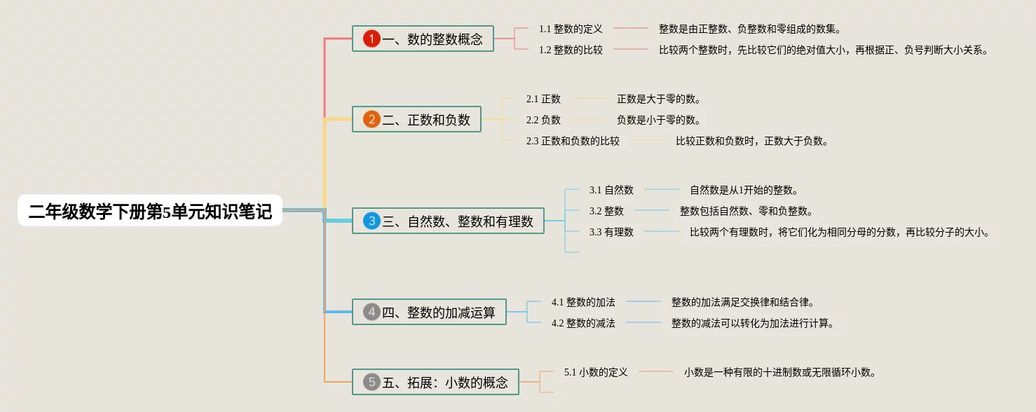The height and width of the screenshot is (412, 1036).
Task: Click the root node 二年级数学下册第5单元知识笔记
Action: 150,211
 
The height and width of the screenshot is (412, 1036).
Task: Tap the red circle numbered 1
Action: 372,39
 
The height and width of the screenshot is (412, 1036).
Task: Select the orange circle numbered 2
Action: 372,120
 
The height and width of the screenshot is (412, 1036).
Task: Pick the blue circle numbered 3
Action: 372,221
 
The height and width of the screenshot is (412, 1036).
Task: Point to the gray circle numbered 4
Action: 372,313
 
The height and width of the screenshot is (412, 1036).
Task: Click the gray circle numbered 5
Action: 372,382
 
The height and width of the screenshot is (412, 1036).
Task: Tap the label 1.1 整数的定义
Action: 571,29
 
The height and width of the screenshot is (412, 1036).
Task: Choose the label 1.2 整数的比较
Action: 571,50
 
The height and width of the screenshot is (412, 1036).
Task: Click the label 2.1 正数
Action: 543,99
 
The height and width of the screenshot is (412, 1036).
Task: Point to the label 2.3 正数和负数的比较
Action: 573,141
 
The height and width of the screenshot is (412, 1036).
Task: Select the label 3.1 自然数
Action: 611,190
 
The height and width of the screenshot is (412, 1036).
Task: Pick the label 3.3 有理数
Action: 611,232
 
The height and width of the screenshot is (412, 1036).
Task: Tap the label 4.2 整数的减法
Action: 583,323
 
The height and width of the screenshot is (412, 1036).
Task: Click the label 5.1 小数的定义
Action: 596,372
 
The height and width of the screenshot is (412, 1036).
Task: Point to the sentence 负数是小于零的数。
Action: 659,120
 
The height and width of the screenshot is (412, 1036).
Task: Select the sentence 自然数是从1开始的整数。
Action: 744,190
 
